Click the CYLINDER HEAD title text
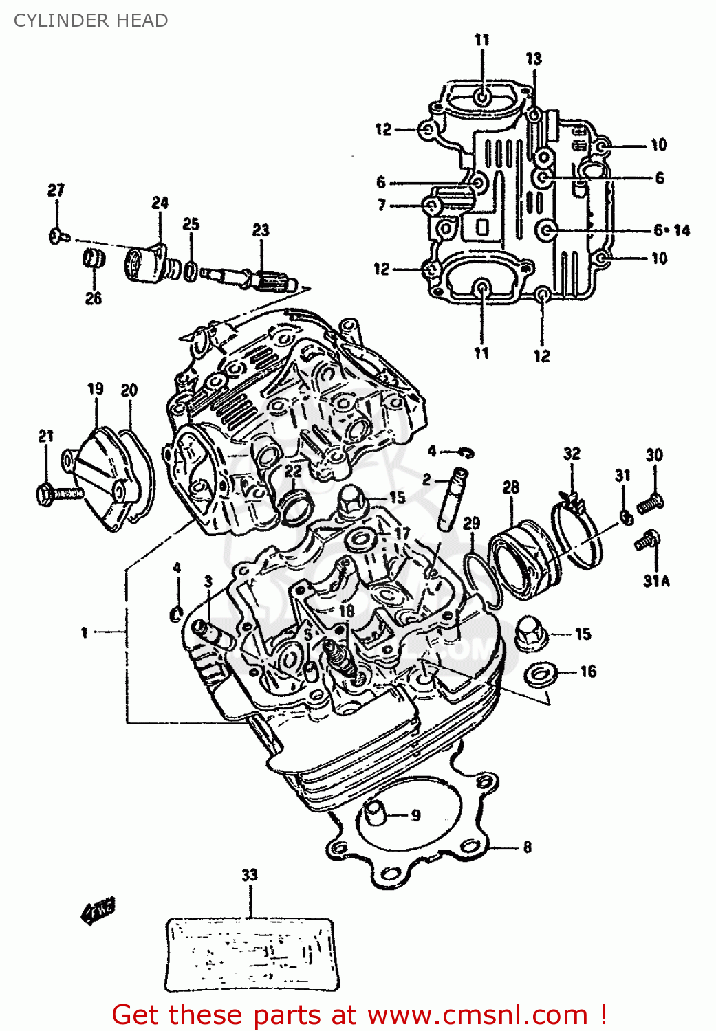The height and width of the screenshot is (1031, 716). [91, 21]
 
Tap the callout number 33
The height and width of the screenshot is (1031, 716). [249, 875]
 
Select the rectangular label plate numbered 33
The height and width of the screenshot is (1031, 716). [252, 954]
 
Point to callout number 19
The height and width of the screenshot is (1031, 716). [96, 389]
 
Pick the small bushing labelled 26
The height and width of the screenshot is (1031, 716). [94, 260]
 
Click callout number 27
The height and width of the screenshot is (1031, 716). [56, 190]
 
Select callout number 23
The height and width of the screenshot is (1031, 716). [261, 230]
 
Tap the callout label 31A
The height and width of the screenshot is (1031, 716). [656, 581]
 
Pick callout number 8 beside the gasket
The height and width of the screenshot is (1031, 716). [527, 847]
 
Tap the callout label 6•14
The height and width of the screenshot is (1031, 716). [671, 230]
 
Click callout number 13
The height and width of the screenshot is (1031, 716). [534, 59]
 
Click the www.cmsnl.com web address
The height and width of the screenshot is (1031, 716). [477, 1015]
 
